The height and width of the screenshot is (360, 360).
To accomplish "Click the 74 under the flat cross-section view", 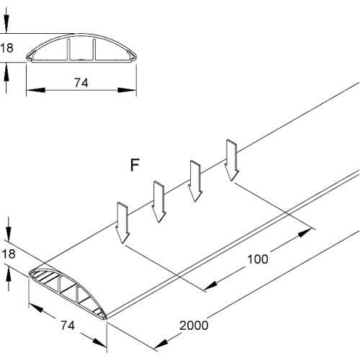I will [x=81, y=84].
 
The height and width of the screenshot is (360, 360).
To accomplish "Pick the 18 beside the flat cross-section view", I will [x=6, y=49].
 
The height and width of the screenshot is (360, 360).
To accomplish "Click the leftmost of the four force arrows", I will [x=122, y=224].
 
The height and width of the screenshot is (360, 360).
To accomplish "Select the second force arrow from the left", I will [x=158, y=203].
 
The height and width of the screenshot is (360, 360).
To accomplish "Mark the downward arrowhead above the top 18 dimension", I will [x=6, y=29].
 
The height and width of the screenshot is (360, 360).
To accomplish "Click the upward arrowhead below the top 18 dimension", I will [x=6, y=69].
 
